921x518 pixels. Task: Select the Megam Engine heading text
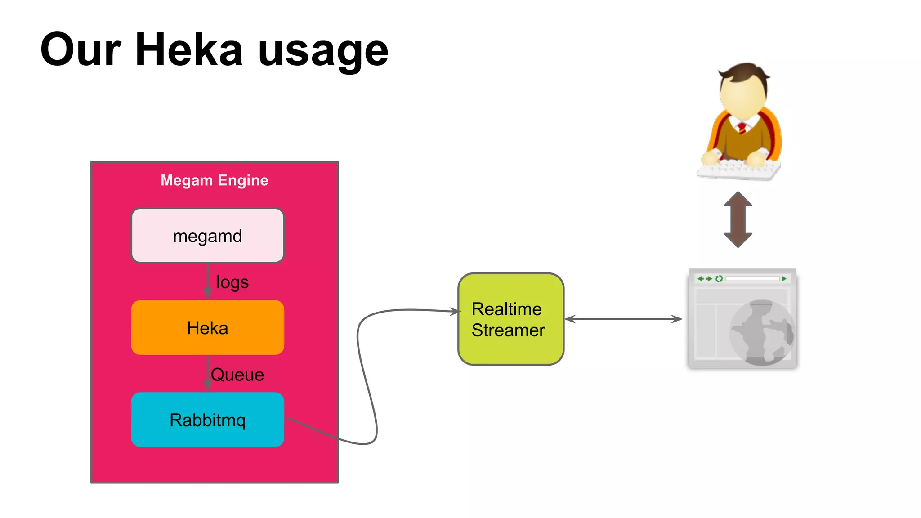(x=214, y=180)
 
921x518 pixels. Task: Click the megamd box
(x=207, y=236)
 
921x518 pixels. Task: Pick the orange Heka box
(x=207, y=328)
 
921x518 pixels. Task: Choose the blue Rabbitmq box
(x=207, y=420)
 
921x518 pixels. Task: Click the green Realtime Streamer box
(x=510, y=319)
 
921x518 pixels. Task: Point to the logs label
(x=232, y=282)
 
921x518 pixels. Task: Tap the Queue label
(x=237, y=375)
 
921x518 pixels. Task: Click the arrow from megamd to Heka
(x=207, y=281)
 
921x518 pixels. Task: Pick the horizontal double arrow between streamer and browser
(x=623, y=319)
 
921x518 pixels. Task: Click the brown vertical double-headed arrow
(x=738, y=219)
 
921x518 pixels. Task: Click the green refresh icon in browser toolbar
(x=719, y=279)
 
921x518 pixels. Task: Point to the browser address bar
(x=752, y=279)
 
